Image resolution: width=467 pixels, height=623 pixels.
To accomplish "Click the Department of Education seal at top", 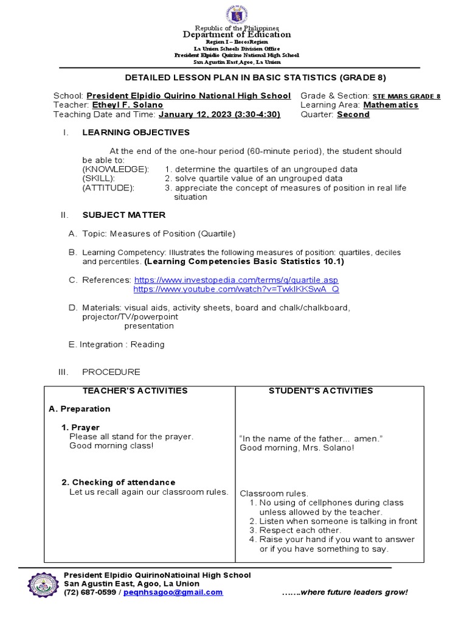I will [237, 15].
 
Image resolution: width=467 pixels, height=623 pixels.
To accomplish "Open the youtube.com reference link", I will [236, 289].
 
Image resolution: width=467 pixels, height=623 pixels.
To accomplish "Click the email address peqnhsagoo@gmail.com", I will [173, 593].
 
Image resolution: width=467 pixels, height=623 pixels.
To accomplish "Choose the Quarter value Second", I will [353, 114].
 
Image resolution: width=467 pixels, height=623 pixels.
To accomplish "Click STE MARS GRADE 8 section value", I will [406, 96].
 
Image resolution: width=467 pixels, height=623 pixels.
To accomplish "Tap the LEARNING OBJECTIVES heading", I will [136, 132].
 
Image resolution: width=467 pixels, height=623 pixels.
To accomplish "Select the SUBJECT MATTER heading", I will [123, 215].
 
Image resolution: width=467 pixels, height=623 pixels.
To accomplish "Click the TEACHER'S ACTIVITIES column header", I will [135, 391].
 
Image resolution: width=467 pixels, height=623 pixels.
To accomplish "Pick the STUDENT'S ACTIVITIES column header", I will [320, 391].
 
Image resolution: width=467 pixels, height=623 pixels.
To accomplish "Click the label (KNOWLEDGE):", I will [116, 169].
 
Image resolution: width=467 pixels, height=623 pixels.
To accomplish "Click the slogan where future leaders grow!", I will [345, 593].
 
